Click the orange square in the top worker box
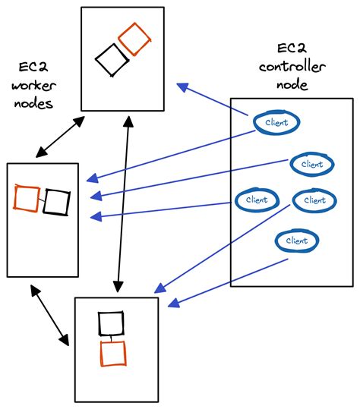(133, 39)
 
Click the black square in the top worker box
(112, 60)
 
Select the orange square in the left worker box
(27, 199)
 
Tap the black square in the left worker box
(56, 202)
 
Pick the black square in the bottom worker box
(111, 323)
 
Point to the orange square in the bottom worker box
(112, 353)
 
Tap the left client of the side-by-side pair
(257, 200)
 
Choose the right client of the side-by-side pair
(314, 200)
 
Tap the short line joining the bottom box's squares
(111, 338)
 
